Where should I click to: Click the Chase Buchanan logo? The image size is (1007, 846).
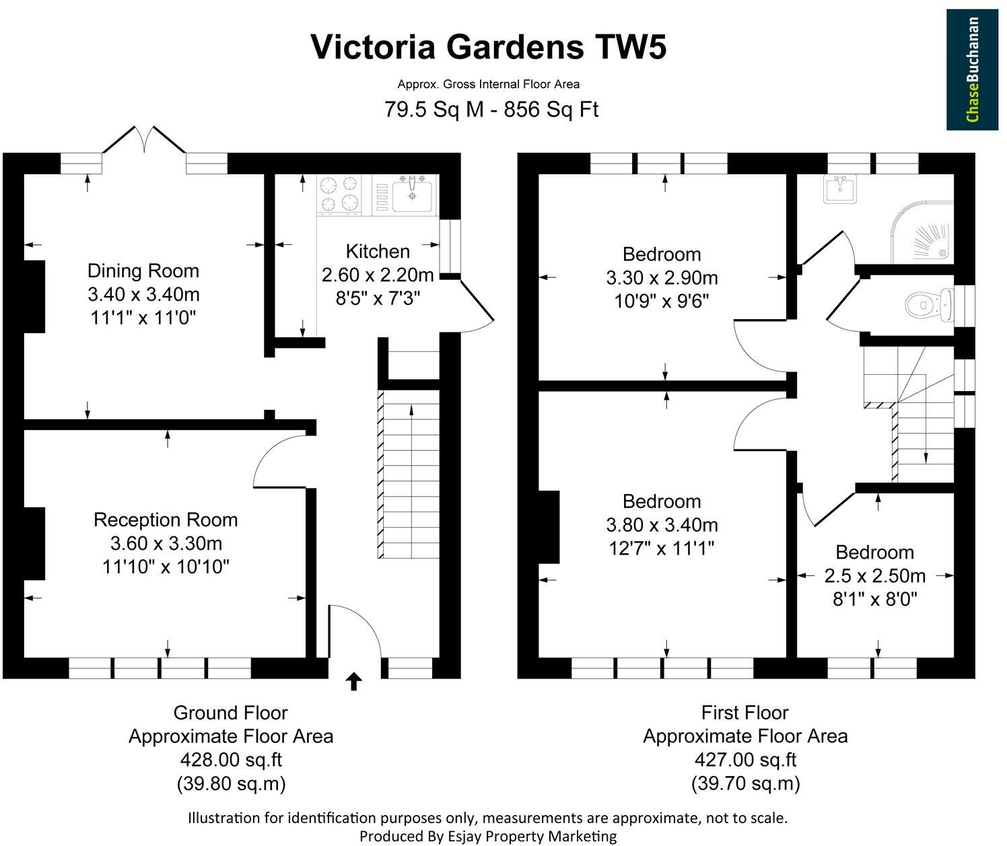pos(973,69)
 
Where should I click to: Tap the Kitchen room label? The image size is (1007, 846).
pos(378,252)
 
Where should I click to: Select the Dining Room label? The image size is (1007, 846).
pos(143,271)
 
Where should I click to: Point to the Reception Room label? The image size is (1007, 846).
pos(166,520)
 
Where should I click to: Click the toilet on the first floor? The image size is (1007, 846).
pos(928,304)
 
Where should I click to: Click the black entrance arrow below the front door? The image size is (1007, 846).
pos(353,681)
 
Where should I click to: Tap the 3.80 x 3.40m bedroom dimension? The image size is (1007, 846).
pos(662,524)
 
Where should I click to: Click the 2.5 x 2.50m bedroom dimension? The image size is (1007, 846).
pos(874,575)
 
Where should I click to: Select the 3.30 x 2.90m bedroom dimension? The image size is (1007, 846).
pos(662,277)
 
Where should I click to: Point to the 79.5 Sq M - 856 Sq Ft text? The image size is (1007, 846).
pos(491,108)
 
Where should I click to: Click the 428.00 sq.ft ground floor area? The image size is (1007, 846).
pos(230,760)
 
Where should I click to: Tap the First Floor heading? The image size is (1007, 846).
pos(744,712)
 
